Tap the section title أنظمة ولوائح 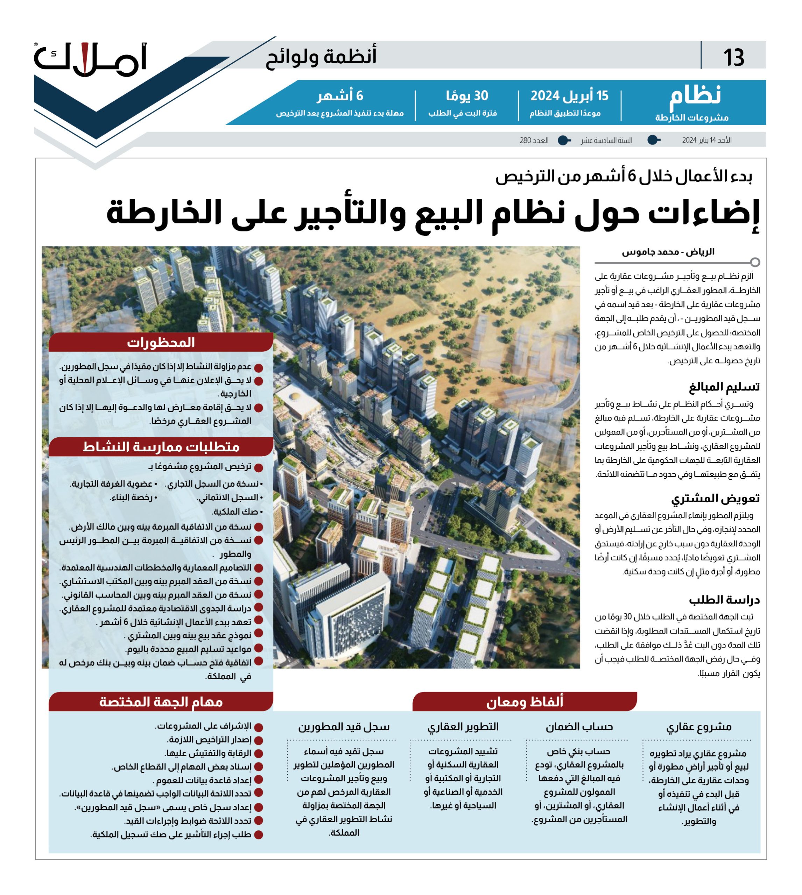321,57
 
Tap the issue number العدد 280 534,141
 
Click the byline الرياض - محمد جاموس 668,252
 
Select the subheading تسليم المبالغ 724,387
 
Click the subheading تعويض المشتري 715,498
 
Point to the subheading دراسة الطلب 724,600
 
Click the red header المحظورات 161,343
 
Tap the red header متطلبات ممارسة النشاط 161,447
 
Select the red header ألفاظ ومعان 525,702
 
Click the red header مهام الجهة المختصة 161,702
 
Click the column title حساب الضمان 579,727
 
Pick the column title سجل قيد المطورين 344,727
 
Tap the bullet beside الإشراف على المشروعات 259,727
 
